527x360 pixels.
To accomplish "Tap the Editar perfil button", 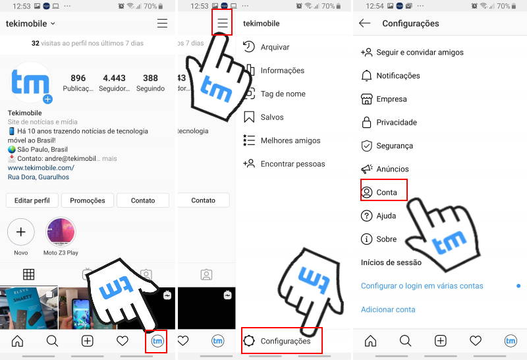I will coord(32,200).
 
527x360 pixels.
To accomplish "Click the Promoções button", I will coord(88,200).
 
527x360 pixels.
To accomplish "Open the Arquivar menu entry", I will coord(274,47).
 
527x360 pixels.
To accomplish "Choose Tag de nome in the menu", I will coord(282,94).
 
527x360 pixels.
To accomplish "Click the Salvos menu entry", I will coord(271,117).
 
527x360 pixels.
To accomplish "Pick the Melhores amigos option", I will coord(290,140).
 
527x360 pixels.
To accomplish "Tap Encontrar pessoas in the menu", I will coord(292,164).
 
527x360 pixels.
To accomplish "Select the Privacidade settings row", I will coord(396,123).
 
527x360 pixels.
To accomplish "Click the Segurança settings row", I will coord(394,146).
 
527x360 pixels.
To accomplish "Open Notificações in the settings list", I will coord(397,76).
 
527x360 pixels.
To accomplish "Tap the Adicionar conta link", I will coord(388,309).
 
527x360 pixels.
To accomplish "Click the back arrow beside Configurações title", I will coord(365,24).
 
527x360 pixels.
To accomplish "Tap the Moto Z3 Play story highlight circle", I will coord(61,232).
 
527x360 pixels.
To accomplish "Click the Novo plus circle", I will coord(21,232).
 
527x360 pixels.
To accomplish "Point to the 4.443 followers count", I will coord(114,78).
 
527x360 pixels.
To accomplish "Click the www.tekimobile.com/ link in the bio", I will coord(41,167).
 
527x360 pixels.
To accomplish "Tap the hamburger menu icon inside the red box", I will coord(223,24).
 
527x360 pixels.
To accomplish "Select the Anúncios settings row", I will coord(392,169).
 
